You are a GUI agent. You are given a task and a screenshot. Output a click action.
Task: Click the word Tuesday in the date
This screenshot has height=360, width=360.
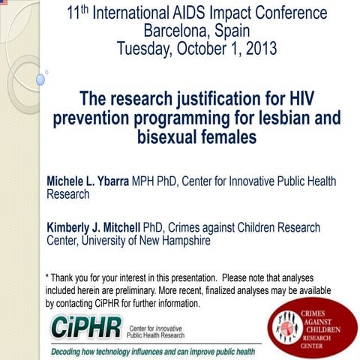(146, 49)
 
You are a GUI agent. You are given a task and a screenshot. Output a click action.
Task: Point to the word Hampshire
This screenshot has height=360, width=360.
(184, 241)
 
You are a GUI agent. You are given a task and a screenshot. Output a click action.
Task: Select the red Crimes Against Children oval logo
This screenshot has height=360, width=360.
(312, 327)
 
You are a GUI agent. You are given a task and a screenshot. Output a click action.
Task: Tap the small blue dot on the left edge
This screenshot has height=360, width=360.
(40, 78)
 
